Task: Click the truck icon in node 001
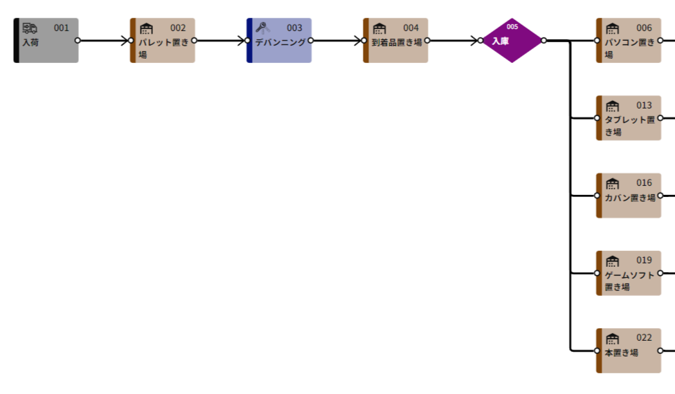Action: click(x=30, y=28)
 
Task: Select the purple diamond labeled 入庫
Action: click(x=512, y=40)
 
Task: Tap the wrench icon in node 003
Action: click(x=262, y=28)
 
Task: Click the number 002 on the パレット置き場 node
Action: click(x=178, y=28)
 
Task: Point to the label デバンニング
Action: click(x=280, y=42)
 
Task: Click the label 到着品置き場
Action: click(x=397, y=42)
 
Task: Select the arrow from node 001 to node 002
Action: click(x=103, y=40)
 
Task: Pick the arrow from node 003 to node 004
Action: click(x=336, y=40)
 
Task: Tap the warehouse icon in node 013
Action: click(x=612, y=106)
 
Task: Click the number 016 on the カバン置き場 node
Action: click(x=644, y=182)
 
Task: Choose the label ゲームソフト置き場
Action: click(x=629, y=281)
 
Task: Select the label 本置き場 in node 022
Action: click(x=621, y=353)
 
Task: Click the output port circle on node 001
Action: click(x=78, y=40)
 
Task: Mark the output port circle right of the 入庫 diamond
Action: click(x=543, y=40)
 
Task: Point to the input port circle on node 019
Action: click(x=597, y=273)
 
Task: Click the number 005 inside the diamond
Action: click(x=512, y=27)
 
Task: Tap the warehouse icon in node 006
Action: click(x=612, y=28)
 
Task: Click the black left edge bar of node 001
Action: click(x=17, y=40)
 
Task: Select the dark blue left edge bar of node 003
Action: click(x=249, y=40)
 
